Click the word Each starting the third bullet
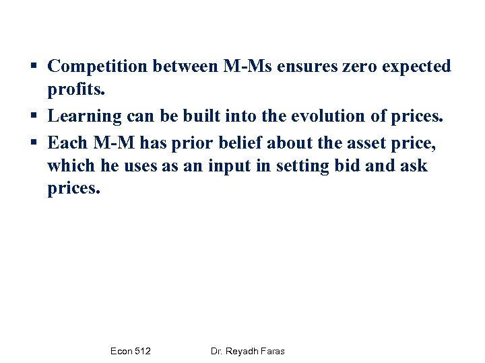[x=67, y=141]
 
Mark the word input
[x=229, y=165]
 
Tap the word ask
[x=412, y=165]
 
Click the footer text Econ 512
[x=130, y=351]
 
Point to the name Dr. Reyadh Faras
[x=247, y=351]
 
